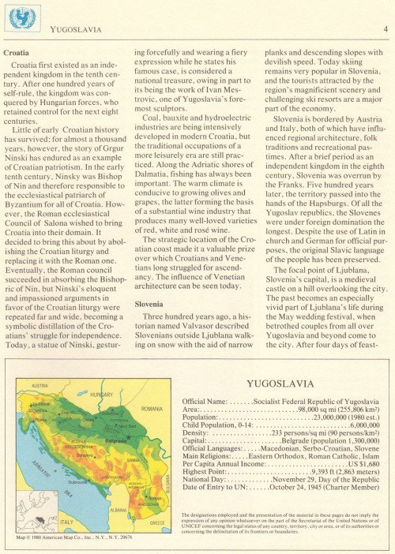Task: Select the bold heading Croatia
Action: coord(17,52)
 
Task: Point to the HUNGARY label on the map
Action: coord(102,394)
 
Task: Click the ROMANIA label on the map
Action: coord(152,409)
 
